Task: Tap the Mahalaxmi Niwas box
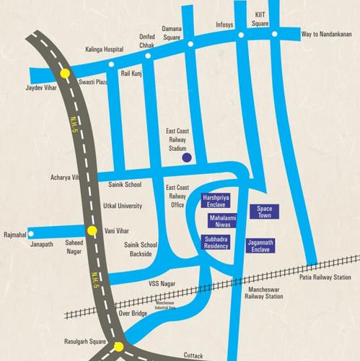point(222,220)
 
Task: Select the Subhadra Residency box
point(215,242)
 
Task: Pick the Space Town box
point(262,212)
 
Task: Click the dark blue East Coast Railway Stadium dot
point(186,157)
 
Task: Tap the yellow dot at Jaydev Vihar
point(65,73)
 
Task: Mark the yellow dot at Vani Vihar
point(92,231)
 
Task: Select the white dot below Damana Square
point(190,44)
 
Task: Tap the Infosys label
point(224,24)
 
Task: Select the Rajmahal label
point(16,234)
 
